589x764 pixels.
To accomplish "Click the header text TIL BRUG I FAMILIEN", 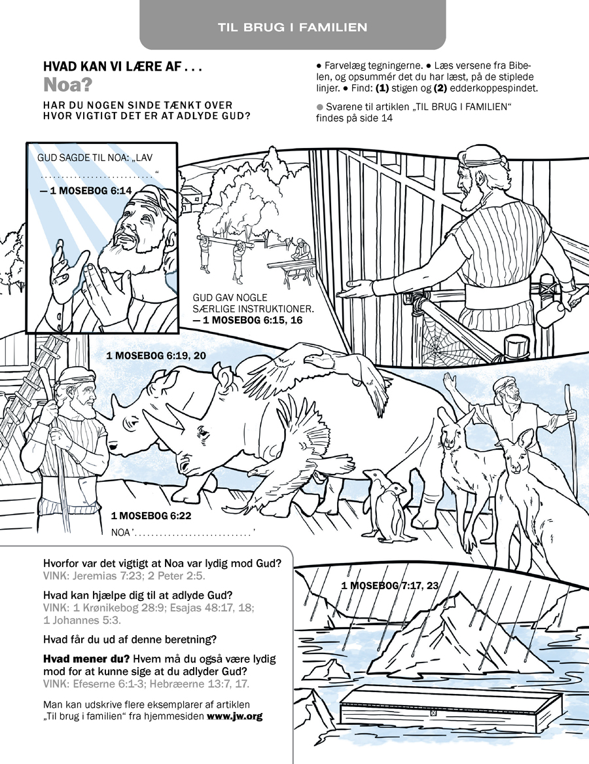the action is click(293, 27).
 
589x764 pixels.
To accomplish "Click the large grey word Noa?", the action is click(67, 85).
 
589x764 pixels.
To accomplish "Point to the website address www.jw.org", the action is click(235, 716).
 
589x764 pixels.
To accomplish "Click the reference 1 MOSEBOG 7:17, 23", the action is click(390, 585).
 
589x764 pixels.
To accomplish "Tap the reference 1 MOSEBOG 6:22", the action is click(151, 515).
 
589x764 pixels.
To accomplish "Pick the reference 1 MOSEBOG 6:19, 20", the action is click(156, 355).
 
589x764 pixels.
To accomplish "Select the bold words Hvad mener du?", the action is click(87, 659).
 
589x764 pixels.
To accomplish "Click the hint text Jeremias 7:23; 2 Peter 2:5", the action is click(140, 576).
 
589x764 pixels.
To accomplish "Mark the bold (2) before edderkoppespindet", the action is click(440, 88).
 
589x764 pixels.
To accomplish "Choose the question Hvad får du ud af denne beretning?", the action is click(130, 639).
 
